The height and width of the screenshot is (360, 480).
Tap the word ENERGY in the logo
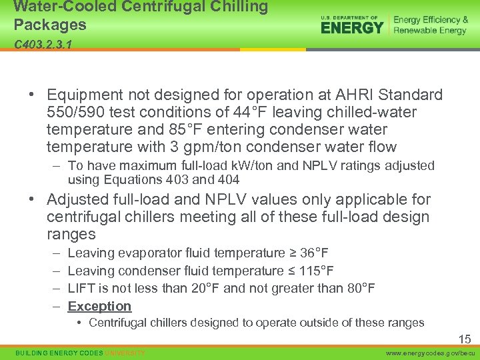352,27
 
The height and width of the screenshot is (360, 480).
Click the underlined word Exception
99,306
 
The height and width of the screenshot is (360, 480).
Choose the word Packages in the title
50,25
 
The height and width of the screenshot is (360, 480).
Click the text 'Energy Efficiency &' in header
431,20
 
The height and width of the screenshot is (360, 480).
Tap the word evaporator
151,253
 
